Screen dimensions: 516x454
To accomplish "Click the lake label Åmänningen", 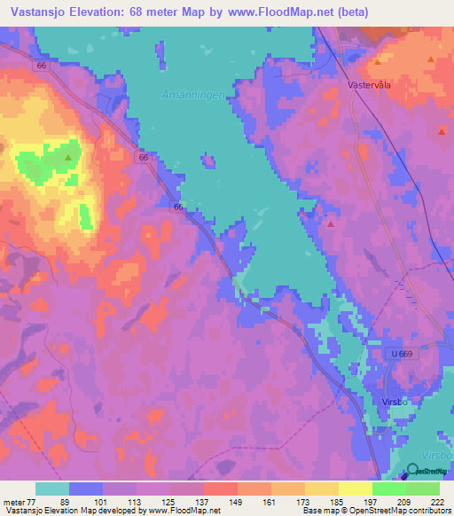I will coord(211,92).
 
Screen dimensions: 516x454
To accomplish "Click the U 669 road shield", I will coord(401,354).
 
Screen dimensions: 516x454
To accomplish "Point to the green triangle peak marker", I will coord(68,157).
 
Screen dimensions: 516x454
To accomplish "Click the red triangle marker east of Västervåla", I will coord(442,130).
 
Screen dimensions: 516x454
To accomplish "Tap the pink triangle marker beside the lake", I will coord(331,223).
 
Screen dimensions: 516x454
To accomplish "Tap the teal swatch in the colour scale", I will coord(52,489).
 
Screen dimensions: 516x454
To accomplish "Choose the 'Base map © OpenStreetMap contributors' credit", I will coord(377,511).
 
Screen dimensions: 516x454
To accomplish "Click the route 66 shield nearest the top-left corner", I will coord(41,66).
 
